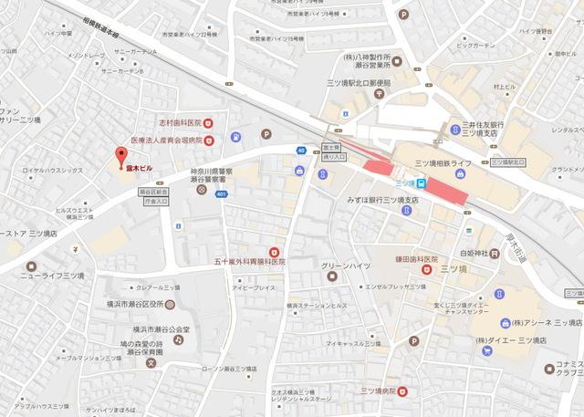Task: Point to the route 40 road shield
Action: [x=301, y=150]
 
